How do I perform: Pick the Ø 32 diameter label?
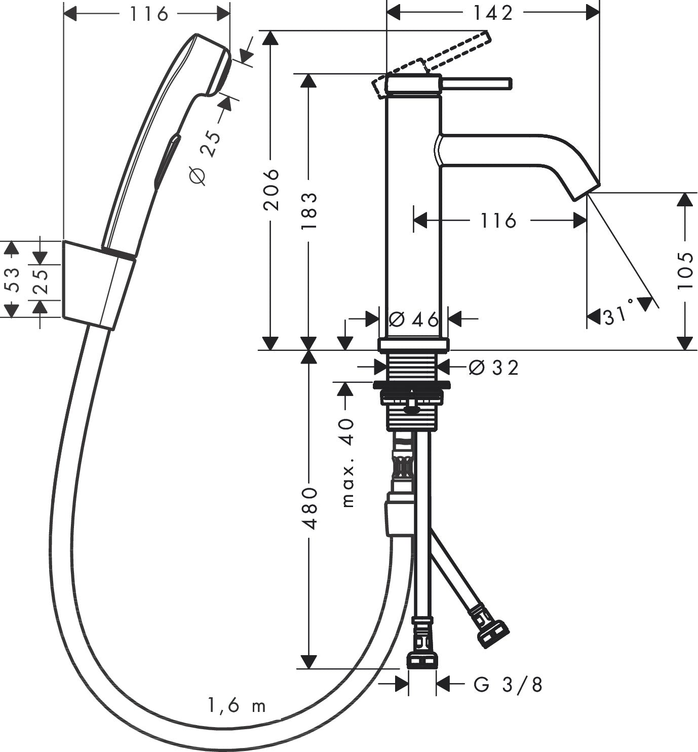(x=493, y=368)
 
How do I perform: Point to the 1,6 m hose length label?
(x=237, y=705)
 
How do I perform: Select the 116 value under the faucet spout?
(x=498, y=221)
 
